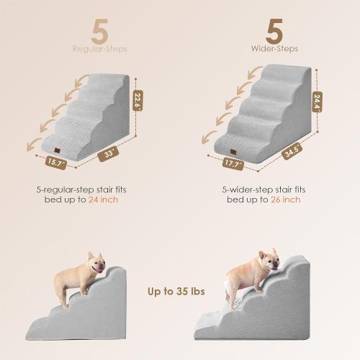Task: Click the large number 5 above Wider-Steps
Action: (x=273, y=31)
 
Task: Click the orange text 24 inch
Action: (x=104, y=199)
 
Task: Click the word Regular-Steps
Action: (x=99, y=50)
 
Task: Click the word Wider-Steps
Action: (x=274, y=50)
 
